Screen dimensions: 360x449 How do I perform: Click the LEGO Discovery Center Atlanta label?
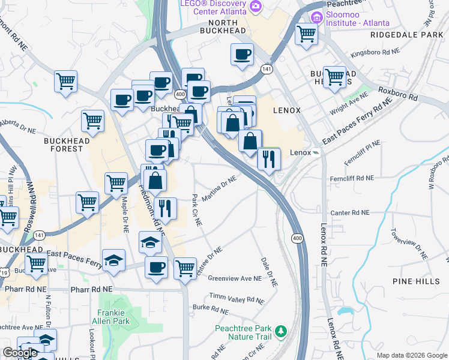[x=213, y=7]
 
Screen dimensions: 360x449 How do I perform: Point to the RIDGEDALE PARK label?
[x=406, y=35]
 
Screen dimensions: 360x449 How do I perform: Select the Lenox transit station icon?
[x=316, y=152]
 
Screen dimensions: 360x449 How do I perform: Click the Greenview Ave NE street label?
[x=235, y=278]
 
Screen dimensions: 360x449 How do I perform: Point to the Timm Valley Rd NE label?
[x=237, y=298]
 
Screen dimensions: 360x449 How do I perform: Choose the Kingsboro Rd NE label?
[x=375, y=53]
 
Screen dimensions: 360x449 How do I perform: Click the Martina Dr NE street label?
[x=219, y=189]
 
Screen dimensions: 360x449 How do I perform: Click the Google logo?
[x=20, y=353]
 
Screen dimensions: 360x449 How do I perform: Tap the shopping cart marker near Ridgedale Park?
[x=306, y=34]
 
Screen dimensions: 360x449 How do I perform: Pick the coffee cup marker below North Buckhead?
[x=242, y=55]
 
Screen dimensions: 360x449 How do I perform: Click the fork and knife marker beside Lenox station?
[x=268, y=159]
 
